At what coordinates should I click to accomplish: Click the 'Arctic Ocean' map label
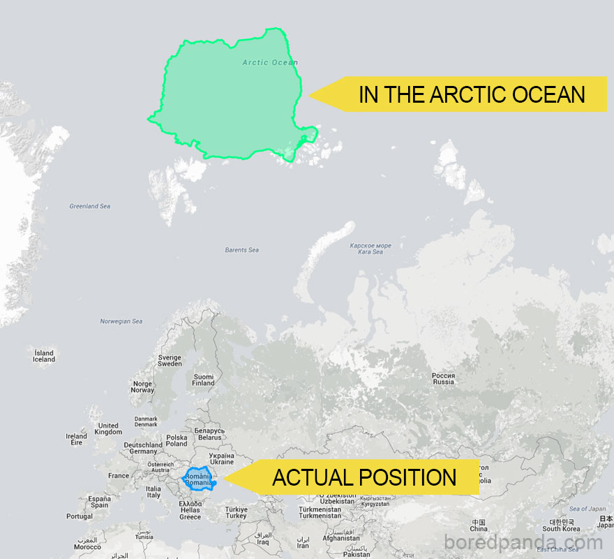click(270, 63)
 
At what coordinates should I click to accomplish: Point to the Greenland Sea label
click(89, 206)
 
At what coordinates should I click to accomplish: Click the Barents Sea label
click(241, 250)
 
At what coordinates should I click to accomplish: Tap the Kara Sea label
click(370, 249)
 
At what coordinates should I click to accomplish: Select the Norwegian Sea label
click(121, 321)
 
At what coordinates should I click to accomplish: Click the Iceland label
click(43, 356)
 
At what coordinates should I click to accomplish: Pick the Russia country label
click(443, 379)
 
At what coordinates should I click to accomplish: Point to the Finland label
click(203, 380)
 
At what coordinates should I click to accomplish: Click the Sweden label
click(170, 361)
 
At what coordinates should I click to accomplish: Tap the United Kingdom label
click(108, 428)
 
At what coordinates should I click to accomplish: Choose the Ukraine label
click(222, 458)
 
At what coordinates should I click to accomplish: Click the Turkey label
click(236, 512)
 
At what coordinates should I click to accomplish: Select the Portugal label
click(80, 516)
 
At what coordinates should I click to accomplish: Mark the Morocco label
click(87, 544)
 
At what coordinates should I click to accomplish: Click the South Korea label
click(562, 525)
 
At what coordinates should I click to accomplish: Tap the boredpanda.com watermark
click(523, 542)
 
